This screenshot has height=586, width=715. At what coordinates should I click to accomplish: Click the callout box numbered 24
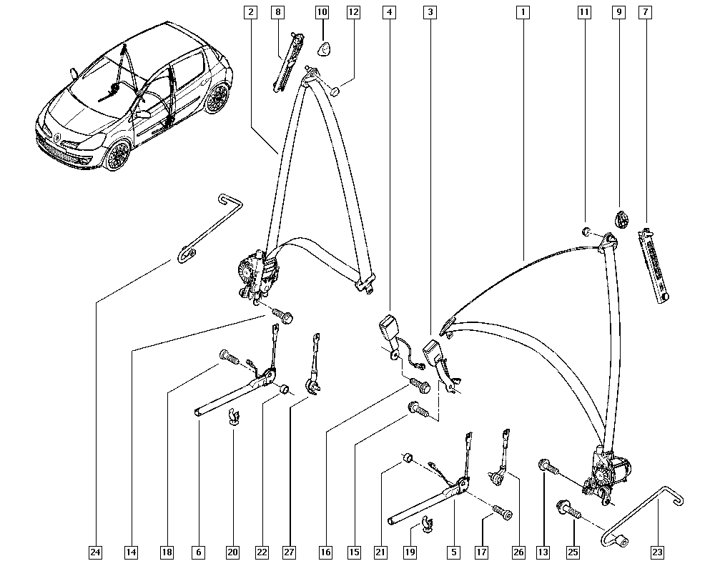tap(95, 552)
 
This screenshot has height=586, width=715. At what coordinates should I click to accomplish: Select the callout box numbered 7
tap(645, 12)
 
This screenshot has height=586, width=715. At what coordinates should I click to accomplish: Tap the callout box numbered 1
tap(523, 12)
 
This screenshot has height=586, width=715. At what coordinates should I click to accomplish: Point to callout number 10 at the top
tap(322, 12)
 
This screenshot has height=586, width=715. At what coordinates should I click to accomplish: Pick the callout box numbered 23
tap(657, 552)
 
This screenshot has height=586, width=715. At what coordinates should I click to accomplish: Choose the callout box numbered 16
tap(325, 552)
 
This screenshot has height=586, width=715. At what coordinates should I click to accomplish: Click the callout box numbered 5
tap(454, 552)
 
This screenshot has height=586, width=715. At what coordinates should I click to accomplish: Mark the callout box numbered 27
tap(289, 552)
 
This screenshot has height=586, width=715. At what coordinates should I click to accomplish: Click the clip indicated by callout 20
tap(234, 417)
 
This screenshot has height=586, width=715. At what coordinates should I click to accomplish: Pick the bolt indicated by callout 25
tap(568, 510)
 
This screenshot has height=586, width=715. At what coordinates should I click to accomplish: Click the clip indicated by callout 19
tap(428, 525)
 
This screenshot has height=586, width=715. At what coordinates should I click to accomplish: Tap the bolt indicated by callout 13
tap(548, 467)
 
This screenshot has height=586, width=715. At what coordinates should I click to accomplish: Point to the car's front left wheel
tap(118, 155)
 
